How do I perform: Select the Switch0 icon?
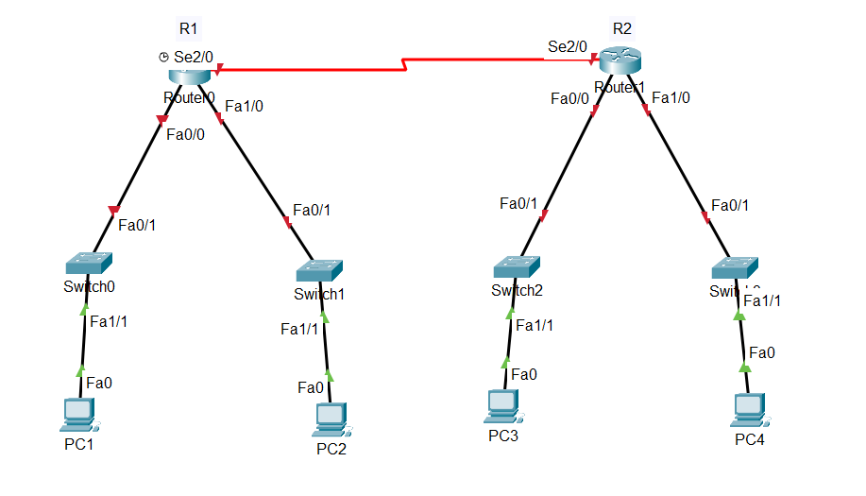click(90, 263)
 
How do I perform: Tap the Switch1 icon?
click(319, 271)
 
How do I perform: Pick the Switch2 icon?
click(516, 266)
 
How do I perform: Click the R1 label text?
click(189, 27)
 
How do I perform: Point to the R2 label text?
click(622, 27)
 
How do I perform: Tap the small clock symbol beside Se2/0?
click(164, 58)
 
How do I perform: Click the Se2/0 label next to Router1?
click(568, 45)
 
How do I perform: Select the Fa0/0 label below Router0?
click(185, 134)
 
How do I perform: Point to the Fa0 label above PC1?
click(99, 383)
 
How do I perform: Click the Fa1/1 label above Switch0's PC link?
click(109, 321)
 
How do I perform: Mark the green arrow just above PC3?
click(505, 362)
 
